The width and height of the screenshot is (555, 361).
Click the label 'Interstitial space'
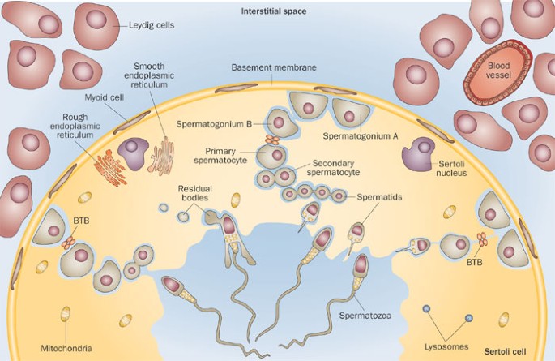[x=277, y=11]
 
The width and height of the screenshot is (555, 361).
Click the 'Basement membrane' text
[x=272, y=67]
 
